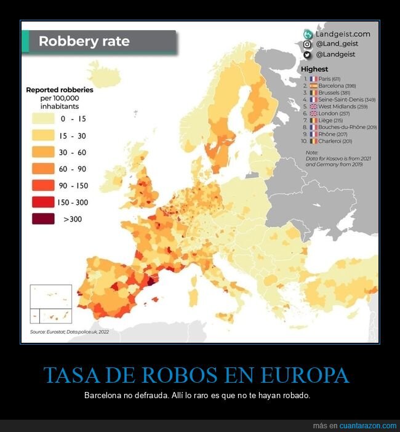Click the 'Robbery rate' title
click(84, 42)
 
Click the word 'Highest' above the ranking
click(314, 69)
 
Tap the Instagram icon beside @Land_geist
click(307, 44)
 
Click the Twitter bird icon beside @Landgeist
click(307, 54)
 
